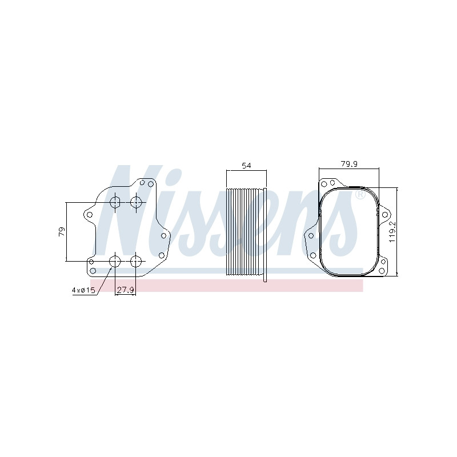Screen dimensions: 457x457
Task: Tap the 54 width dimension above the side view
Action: pos(246,166)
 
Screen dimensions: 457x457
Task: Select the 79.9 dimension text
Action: pos(349,164)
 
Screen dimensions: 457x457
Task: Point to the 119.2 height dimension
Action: pos(392,231)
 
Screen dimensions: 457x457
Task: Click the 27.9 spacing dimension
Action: pos(125,290)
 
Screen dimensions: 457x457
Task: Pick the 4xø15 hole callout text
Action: pos(83,290)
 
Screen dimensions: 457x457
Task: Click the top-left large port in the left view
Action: pos(115,202)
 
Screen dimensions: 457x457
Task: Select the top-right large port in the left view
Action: pos(136,202)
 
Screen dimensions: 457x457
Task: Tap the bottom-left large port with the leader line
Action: pos(115,261)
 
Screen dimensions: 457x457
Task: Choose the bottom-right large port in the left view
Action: pos(135,261)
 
